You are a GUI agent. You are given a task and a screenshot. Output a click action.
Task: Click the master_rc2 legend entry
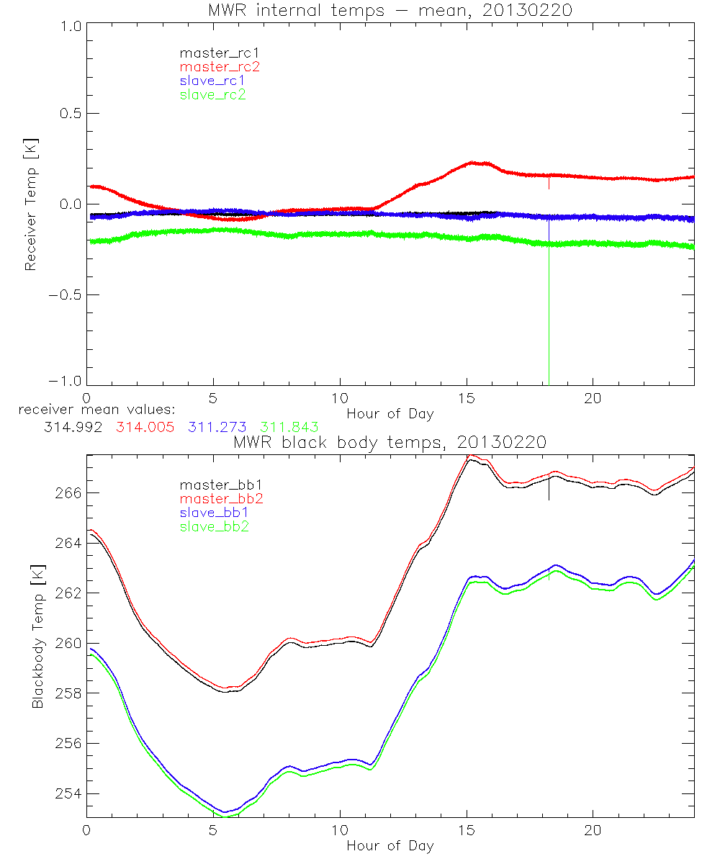[220, 66]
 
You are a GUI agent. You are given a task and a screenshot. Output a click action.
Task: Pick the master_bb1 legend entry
[220, 485]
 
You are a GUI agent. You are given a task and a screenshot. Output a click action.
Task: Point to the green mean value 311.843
[289, 427]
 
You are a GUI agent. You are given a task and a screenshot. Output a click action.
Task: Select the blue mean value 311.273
[217, 427]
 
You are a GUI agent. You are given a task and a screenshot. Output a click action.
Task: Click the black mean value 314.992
[71, 427]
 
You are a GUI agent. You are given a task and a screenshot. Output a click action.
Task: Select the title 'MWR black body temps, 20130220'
[390, 441]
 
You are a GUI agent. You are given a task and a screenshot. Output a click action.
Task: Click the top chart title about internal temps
[390, 11]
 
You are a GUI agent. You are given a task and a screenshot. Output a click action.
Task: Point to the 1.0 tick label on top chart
[69, 26]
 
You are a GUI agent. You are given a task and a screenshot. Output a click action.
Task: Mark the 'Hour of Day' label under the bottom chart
[390, 845]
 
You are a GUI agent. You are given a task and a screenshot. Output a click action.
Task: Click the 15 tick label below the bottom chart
[466, 830]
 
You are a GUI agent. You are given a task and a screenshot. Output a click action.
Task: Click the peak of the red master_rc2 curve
[472, 163]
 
